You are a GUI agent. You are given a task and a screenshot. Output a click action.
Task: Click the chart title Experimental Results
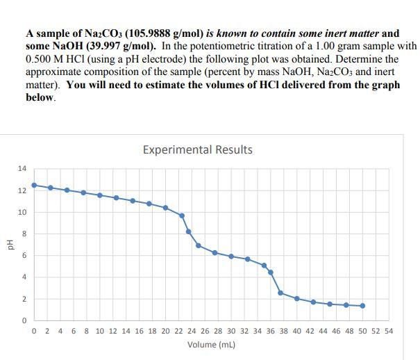click(197, 149)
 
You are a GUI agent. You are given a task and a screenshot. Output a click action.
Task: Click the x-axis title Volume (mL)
click(212, 344)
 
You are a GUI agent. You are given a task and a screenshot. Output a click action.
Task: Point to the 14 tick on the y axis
click(22, 169)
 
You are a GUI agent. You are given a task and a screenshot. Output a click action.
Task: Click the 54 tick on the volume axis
click(388, 331)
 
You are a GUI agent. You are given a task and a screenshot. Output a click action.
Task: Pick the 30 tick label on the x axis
click(231, 331)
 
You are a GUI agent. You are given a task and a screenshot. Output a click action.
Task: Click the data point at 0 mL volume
click(34, 186)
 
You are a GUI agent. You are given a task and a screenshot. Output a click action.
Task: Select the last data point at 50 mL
click(362, 306)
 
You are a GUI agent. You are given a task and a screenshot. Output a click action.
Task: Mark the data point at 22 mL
click(182, 215)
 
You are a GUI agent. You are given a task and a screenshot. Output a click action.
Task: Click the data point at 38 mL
click(280, 293)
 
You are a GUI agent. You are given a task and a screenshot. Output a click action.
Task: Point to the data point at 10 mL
click(100, 195)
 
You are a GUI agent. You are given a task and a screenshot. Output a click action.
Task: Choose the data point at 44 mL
click(330, 304)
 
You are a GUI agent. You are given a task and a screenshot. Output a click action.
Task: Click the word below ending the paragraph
click(40, 97)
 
